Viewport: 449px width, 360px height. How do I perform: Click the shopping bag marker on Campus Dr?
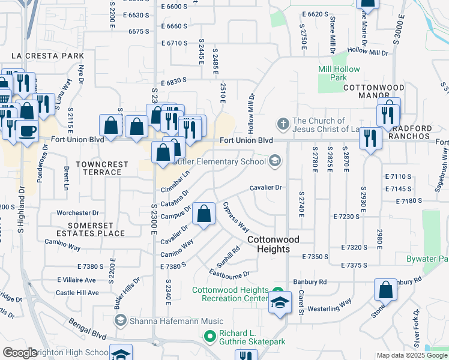(x=204, y=214)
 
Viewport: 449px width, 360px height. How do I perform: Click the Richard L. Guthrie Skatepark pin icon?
(x=209, y=336)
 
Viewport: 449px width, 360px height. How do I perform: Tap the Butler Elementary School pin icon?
(x=275, y=160)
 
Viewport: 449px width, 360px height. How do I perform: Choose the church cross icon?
(x=283, y=124)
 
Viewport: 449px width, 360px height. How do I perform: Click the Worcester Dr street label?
(x=77, y=213)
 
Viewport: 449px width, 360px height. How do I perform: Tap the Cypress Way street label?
(x=236, y=217)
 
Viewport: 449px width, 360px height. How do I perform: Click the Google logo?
(x=20, y=353)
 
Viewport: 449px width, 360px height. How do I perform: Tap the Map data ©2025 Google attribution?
(x=412, y=355)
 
